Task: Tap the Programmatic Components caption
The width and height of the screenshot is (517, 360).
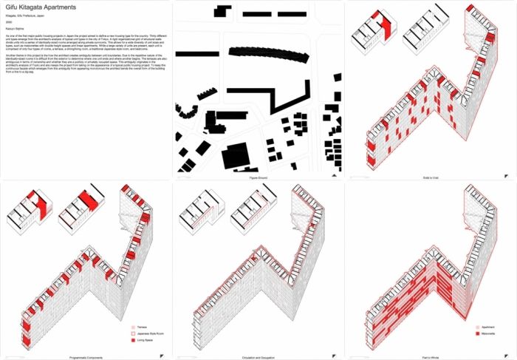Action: point(85,355)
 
